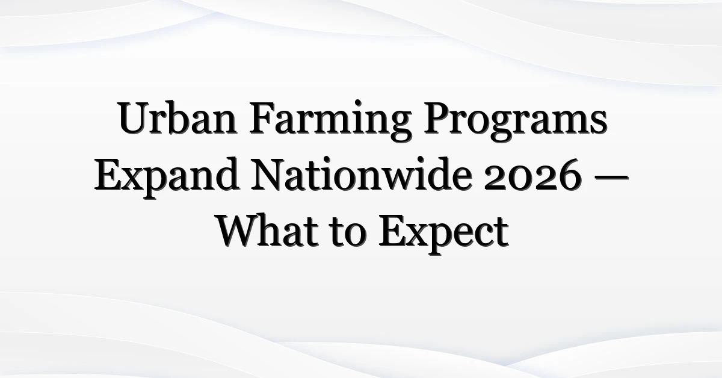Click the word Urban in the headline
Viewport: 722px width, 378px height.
177,118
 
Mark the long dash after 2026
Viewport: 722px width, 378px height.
611,177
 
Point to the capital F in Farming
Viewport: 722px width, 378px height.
262,118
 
